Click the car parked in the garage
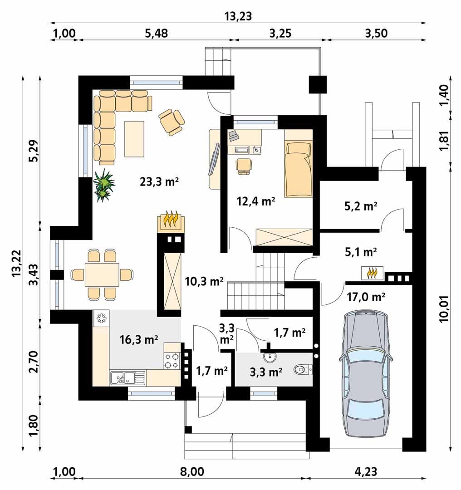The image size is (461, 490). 366,373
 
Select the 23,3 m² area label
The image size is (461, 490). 159,181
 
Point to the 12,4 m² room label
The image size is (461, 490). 255,201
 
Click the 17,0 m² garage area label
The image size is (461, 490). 366,297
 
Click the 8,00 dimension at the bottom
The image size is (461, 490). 192,471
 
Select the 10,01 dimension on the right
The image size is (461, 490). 444,309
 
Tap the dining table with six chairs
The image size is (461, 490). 102,274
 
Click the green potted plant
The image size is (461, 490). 104,186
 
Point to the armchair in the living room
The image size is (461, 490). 172,122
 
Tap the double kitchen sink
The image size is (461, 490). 128,377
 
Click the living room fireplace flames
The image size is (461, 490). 171,220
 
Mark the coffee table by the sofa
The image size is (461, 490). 134,139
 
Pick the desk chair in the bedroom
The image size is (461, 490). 244,166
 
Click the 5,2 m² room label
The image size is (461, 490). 361,206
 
